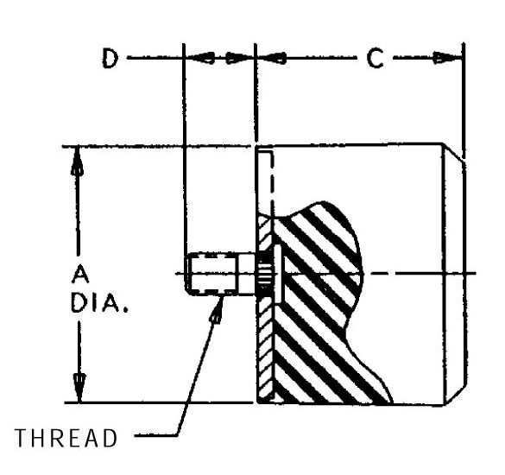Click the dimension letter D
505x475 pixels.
tap(110, 58)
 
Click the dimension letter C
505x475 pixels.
tap(375, 59)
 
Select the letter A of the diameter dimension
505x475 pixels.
tap(80, 275)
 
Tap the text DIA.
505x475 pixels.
tap(99, 303)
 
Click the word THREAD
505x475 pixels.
tap(66, 438)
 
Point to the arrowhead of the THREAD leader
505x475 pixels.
tap(218, 309)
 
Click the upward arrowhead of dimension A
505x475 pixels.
tap(77, 161)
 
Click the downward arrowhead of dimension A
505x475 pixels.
tap(79, 388)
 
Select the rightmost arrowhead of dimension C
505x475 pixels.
tap(447, 58)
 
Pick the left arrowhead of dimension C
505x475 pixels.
tap(272, 58)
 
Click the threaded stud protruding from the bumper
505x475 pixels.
tap(221, 274)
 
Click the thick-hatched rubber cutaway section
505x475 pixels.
tap(322, 306)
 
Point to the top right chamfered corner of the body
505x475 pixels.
tap(454, 153)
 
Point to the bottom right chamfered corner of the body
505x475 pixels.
tap(456, 395)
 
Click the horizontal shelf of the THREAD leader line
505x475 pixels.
tap(156, 435)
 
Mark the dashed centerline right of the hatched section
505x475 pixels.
tap(420, 273)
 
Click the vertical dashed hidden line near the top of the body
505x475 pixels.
tap(273, 182)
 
